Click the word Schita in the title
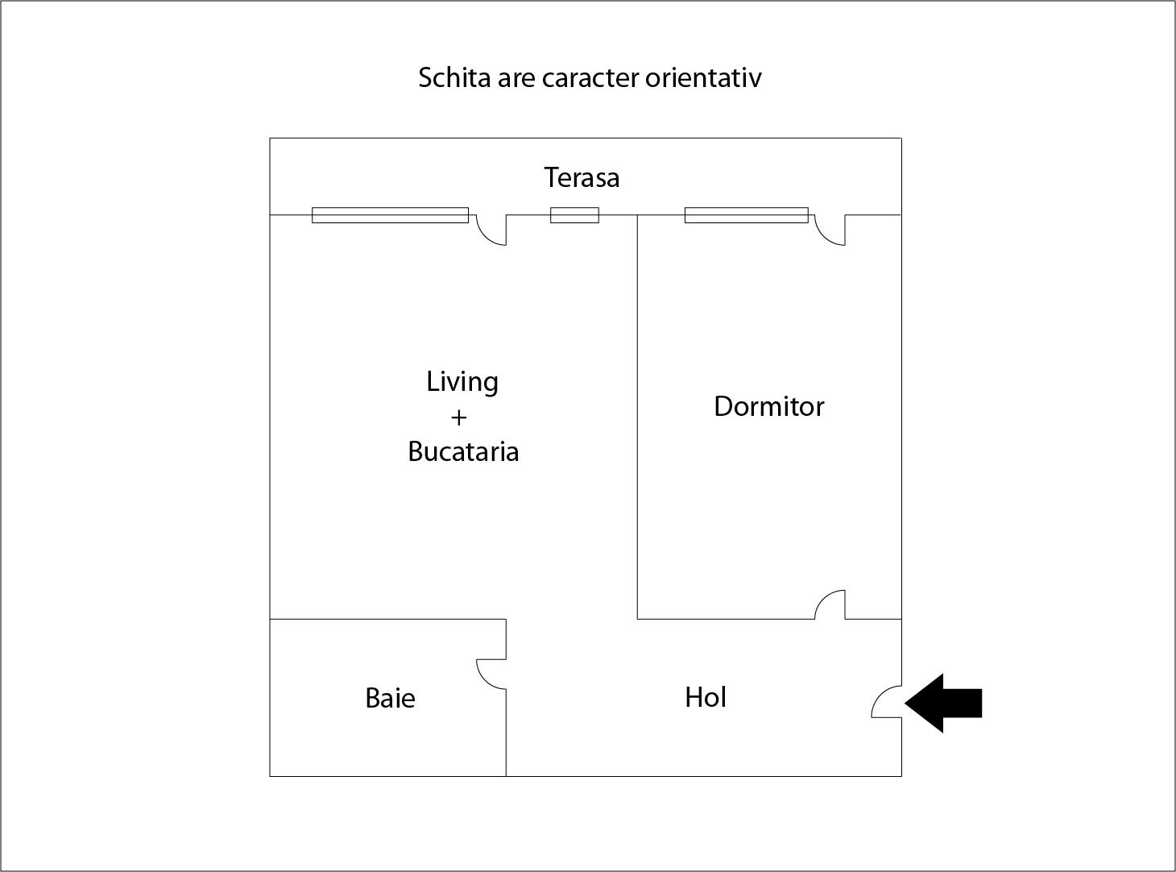[x=454, y=78]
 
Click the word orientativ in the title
[x=703, y=78]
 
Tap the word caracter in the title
[x=590, y=79]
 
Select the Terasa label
[x=582, y=178]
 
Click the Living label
[x=462, y=382]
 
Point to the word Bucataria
[x=463, y=451]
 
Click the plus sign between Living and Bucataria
[x=458, y=418]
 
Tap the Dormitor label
[x=768, y=406]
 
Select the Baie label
[x=390, y=698]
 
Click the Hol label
[x=705, y=697]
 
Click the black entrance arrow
[x=943, y=704]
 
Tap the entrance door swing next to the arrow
[x=887, y=701]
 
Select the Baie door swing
[x=491, y=674]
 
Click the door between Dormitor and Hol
[x=830, y=604]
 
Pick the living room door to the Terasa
[x=491, y=230]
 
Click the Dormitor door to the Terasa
[x=830, y=230]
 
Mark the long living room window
[x=390, y=215]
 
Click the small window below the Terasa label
[x=575, y=215]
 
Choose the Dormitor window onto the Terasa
[x=747, y=215]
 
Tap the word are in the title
[x=516, y=79]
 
